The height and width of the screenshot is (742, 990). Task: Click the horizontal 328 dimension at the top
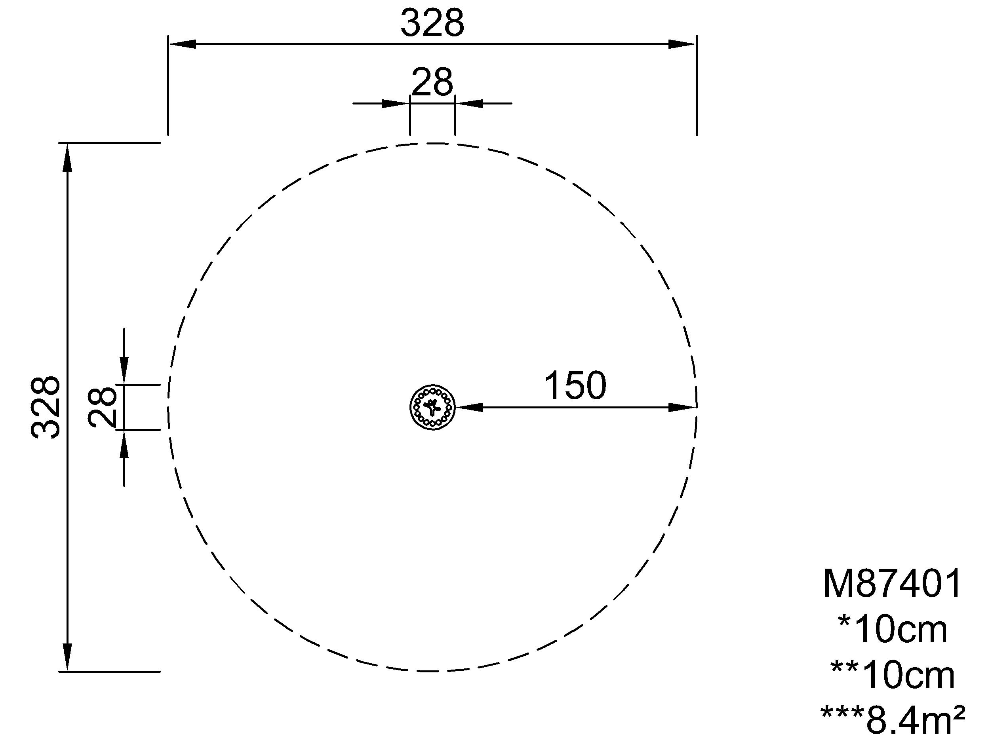pyautogui.click(x=432, y=23)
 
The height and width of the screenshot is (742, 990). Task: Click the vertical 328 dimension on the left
pyautogui.click(x=45, y=407)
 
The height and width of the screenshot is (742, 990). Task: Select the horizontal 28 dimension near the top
pyautogui.click(x=432, y=82)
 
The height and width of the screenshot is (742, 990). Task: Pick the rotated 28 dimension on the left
pyautogui.click(x=103, y=407)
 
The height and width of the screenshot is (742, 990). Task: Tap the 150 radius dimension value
pyautogui.click(x=575, y=385)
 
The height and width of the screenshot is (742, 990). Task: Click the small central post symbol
pyautogui.click(x=432, y=407)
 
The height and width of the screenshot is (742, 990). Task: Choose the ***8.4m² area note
pyautogui.click(x=893, y=721)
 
